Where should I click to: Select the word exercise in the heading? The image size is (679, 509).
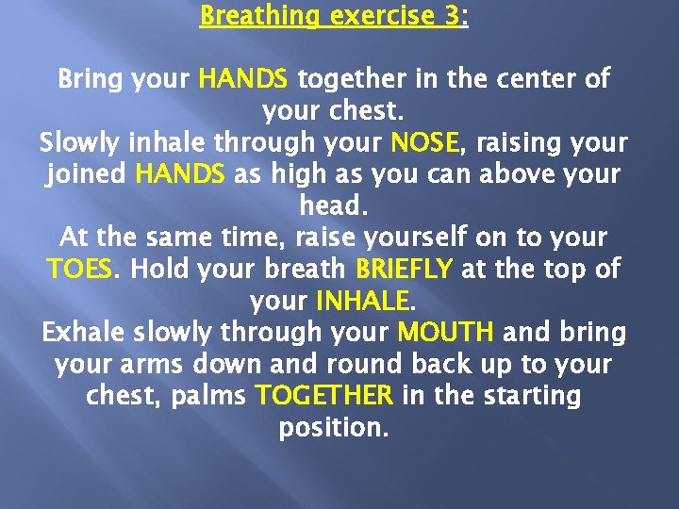378,16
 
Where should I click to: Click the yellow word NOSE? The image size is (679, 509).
423,142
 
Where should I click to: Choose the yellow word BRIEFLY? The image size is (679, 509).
403,270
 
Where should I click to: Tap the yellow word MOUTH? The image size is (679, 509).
445,333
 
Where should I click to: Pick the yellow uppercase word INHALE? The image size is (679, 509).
362,302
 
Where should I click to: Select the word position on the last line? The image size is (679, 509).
332,428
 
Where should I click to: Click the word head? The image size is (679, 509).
332,205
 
